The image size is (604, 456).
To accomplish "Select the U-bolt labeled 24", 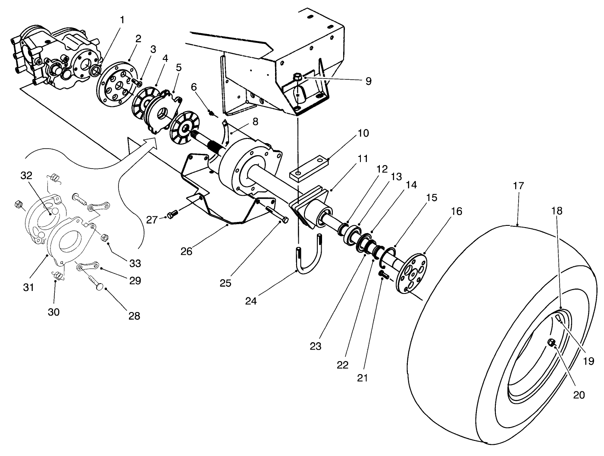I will (308, 259).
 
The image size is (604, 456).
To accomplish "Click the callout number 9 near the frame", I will (368, 81).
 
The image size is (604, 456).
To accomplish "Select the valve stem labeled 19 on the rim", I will (557, 319).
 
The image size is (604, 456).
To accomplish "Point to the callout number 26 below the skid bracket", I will (186, 251).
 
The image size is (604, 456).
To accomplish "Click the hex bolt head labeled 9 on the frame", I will (297, 78).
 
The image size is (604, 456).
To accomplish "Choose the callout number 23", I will (316, 346).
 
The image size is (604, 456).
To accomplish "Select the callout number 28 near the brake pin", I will (135, 315).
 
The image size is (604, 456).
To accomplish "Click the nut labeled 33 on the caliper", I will (104, 238).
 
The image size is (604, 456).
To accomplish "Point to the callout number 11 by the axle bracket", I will (363, 159).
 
